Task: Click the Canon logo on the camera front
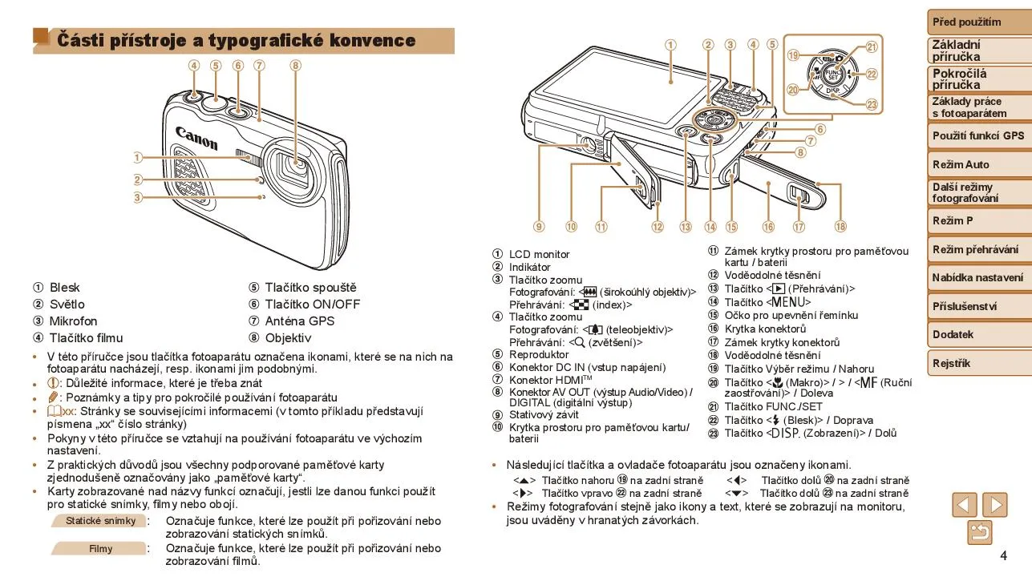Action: coord(196,138)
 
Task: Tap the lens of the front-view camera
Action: coord(293,169)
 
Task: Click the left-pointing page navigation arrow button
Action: coord(965,505)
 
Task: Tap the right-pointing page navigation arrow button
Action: coord(994,505)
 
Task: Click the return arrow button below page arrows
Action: coord(980,533)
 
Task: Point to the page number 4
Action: coord(1003,555)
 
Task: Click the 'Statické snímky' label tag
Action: coord(100,521)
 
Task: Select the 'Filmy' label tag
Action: coord(100,548)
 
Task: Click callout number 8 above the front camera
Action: coord(295,66)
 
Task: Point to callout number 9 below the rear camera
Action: coord(539,227)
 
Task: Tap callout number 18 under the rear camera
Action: coord(840,226)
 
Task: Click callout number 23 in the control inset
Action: coord(872,104)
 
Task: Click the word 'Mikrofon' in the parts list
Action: coord(73,321)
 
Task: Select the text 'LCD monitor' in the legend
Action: coord(539,254)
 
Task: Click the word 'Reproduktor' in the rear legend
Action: coord(539,354)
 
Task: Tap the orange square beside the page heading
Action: coord(42,36)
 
